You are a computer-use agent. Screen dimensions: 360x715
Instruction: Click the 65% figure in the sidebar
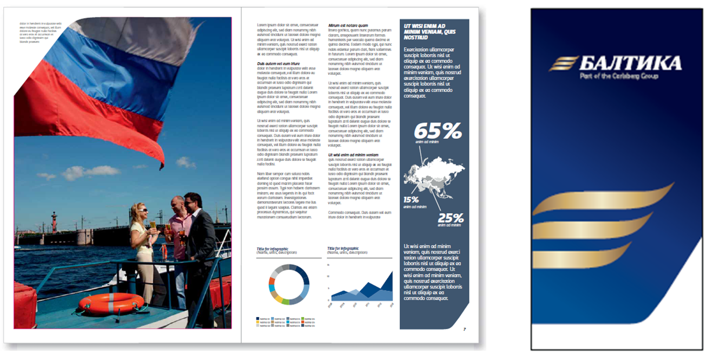tap(436, 131)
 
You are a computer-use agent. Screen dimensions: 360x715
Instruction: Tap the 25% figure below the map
tap(450, 218)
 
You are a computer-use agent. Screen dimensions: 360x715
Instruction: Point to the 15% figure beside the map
tap(411, 200)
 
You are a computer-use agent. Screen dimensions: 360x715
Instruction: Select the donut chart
tap(287, 284)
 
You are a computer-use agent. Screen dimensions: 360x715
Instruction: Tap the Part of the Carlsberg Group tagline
tap(622, 76)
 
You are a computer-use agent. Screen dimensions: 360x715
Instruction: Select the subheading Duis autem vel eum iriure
tap(279, 63)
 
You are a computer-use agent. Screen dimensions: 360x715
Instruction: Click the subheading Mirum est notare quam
tap(348, 26)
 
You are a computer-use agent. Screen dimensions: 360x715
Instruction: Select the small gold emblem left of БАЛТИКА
tap(564, 63)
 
